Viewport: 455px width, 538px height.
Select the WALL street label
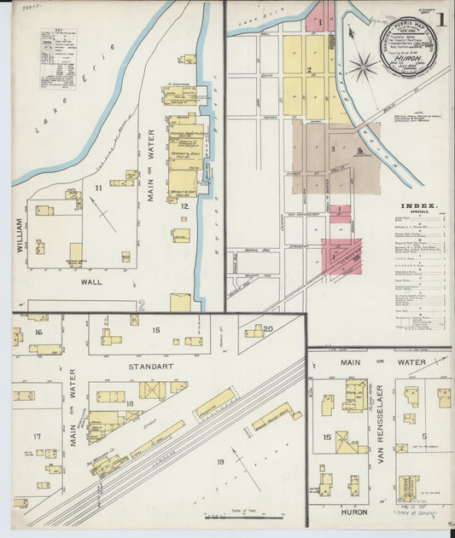[91, 281]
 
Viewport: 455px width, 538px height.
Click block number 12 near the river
[184, 206]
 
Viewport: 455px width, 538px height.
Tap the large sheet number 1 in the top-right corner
[440, 19]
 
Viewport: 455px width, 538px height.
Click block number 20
[267, 328]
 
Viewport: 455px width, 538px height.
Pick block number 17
[37, 436]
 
